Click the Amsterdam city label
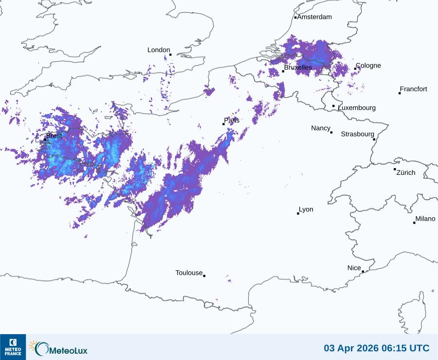coord(314,17)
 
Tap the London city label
coord(159,50)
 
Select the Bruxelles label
coord(298,68)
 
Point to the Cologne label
coord(368,66)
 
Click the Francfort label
coord(414,89)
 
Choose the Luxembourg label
coord(357,108)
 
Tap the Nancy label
coord(321,128)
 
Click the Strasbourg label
coord(357,134)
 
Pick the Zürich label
coord(406,172)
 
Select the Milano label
coord(425,219)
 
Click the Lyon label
coord(306,209)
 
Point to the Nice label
coord(354,268)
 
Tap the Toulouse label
coord(189,273)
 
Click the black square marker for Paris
coord(224,124)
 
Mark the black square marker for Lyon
coord(298,213)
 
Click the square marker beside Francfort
coord(400,93)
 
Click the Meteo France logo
coord(13,346)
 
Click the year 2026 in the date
coord(366,348)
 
